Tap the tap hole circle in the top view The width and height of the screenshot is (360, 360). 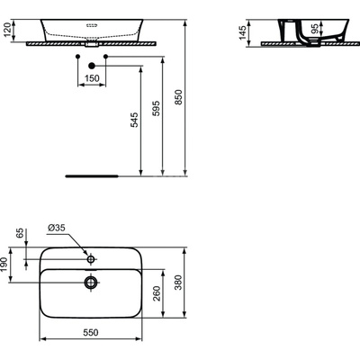click(90, 257)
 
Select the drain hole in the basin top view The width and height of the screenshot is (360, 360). click(90, 282)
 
